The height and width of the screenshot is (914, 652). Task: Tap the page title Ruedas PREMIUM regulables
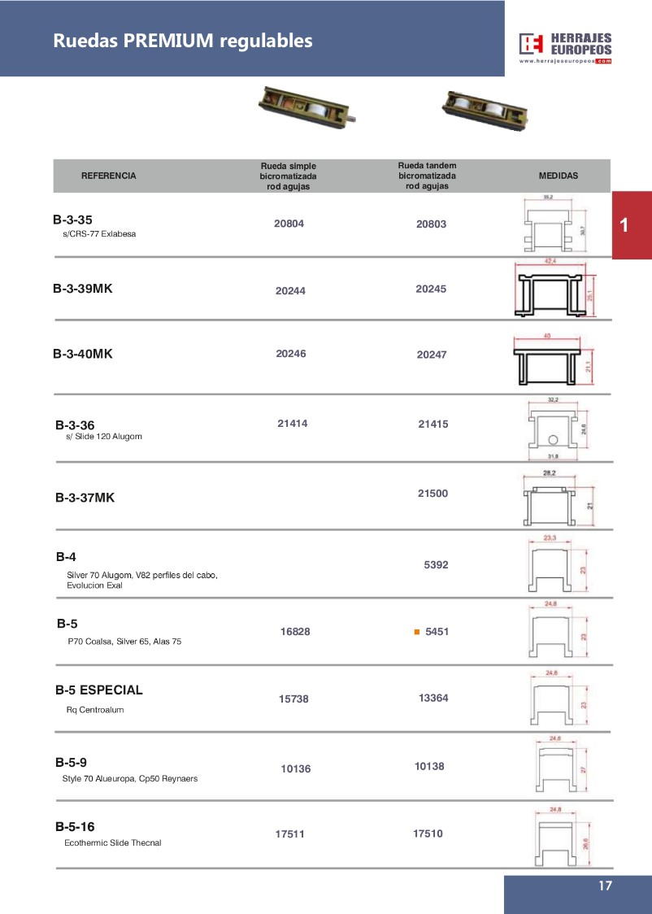(x=183, y=41)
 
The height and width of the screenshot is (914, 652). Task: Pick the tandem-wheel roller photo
(x=483, y=109)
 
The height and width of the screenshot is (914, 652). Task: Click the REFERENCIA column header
(x=109, y=176)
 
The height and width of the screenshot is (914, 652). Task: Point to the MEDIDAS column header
(x=559, y=176)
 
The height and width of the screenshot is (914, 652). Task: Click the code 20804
(x=289, y=224)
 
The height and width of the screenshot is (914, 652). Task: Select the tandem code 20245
(x=431, y=289)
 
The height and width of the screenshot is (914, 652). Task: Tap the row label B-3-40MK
(x=83, y=354)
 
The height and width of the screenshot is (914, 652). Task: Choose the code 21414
(x=293, y=423)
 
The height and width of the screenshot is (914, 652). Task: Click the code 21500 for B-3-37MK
(x=432, y=494)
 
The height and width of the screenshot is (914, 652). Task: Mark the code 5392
(x=436, y=564)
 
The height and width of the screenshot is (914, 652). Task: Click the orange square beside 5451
(x=416, y=631)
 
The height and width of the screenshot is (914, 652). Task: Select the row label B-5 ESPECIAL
(x=99, y=690)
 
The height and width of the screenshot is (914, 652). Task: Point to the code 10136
(x=296, y=768)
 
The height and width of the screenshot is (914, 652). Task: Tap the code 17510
(x=428, y=833)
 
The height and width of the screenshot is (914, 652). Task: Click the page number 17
(x=604, y=886)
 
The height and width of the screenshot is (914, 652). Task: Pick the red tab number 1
(x=624, y=225)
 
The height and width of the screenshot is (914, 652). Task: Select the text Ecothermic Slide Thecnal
(x=113, y=842)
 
